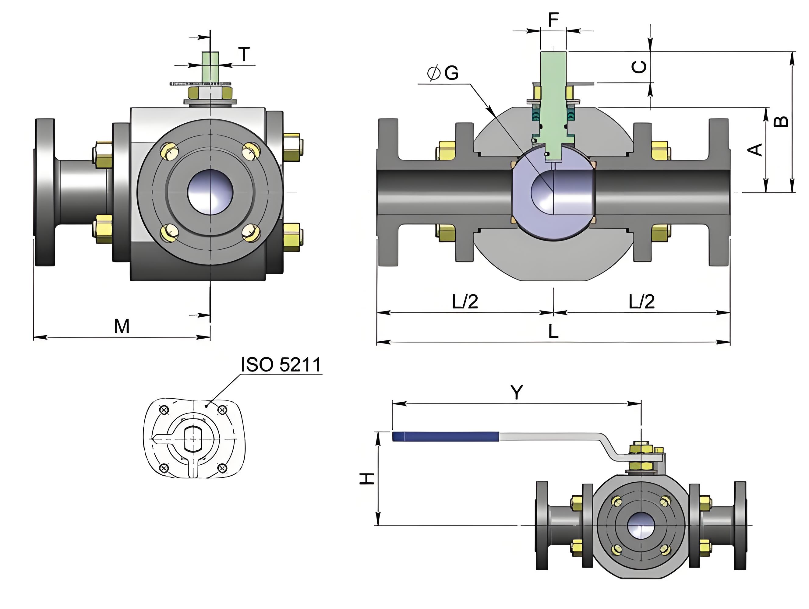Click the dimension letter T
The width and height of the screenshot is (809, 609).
click(x=244, y=54)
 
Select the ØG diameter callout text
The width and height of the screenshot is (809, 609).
click(x=443, y=73)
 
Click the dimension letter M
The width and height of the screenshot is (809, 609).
click(x=122, y=326)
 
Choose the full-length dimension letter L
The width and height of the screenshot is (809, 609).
click(x=553, y=332)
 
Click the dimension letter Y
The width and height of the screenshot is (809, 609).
click(x=516, y=393)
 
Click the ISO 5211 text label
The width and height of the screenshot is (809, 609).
click(x=281, y=364)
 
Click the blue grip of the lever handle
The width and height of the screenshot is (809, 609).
click(x=445, y=436)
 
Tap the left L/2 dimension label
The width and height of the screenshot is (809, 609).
click(x=465, y=301)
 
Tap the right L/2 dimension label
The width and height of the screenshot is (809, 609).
click(x=641, y=301)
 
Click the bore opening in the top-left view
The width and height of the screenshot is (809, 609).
click(x=210, y=192)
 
